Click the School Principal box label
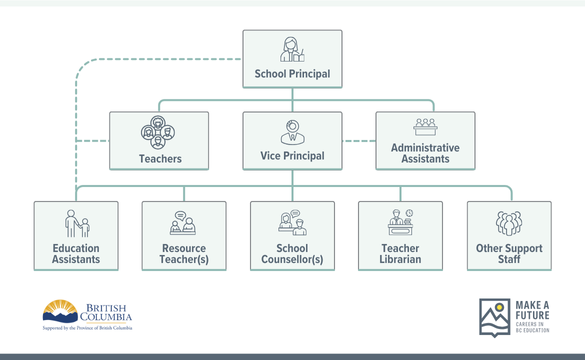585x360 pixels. (292, 74)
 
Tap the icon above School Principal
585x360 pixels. (292, 49)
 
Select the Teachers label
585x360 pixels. (160, 159)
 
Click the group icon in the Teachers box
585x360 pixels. (158, 131)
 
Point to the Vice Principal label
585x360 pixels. (292, 157)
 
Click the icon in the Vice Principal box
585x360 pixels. (292, 131)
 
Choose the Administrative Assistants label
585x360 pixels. (425, 153)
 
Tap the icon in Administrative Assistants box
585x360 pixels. (426, 127)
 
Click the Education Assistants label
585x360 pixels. (76, 254)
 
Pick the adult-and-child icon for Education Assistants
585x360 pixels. (76, 223)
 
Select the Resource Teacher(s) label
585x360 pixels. (184, 254)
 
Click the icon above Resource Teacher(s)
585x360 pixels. (184, 224)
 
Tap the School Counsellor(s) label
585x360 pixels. (292, 254)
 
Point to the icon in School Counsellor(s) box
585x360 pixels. (292, 222)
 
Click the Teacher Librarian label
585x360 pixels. (400, 254)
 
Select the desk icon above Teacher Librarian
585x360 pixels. (400, 223)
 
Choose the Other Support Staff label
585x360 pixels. (509, 254)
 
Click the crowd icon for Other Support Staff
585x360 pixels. (509, 223)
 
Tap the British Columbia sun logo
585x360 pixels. (60, 310)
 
